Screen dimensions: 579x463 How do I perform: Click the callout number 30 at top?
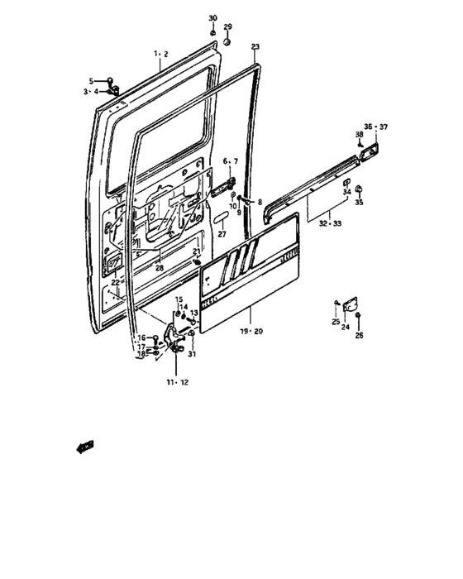(212, 18)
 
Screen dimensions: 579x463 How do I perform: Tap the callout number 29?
(228, 27)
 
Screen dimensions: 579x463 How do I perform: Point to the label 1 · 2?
(160, 54)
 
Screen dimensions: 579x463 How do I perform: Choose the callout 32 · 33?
(325, 223)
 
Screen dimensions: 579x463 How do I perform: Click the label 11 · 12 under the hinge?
(177, 383)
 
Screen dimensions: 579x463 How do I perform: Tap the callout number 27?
(222, 235)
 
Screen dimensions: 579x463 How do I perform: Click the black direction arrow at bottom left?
(84, 447)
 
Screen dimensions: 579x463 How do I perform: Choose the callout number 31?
(192, 355)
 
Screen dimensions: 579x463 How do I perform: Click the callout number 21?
(196, 251)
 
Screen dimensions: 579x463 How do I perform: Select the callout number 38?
(360, 134)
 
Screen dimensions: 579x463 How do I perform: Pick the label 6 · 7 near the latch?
(230, 160)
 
